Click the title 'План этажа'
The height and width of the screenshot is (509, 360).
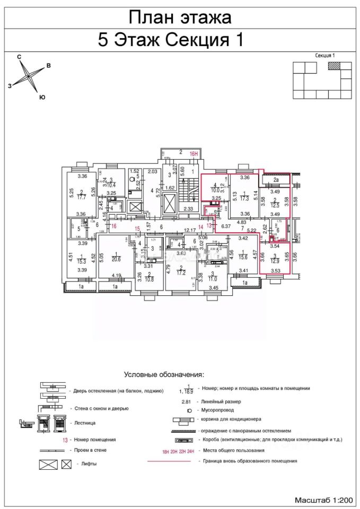[180, 17]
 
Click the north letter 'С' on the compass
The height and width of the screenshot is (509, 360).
[19, 56]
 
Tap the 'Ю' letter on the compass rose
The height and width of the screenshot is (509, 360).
[42, 97]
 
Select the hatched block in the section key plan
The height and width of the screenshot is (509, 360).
[335, 66]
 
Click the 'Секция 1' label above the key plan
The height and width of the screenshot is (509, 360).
[325, 55]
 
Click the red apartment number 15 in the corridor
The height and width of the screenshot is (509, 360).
[137, 229]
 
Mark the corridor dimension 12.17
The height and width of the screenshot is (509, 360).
[189, 230]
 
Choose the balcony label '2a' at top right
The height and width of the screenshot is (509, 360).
[276, 180]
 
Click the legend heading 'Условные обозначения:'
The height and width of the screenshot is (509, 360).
[164, 374]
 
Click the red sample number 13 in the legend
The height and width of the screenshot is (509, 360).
[65, 440]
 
